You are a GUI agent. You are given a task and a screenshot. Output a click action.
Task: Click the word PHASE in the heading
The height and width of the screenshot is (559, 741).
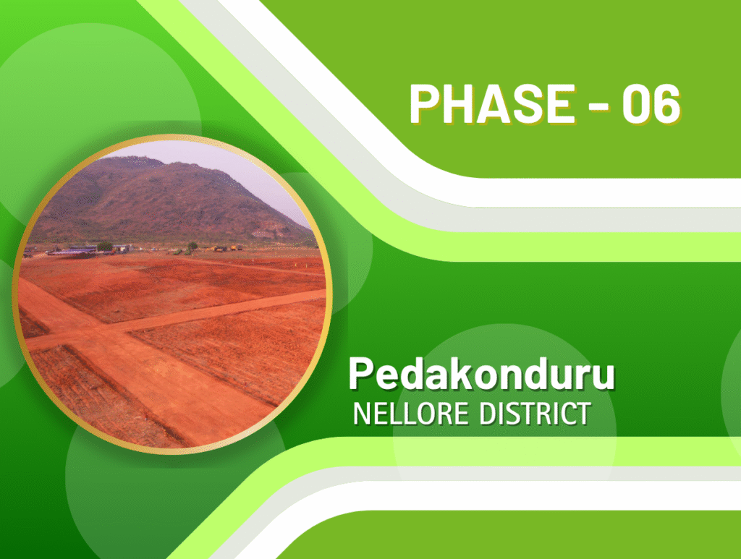point(491,104)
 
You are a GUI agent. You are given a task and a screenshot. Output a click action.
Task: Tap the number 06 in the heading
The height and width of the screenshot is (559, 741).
point(651,104)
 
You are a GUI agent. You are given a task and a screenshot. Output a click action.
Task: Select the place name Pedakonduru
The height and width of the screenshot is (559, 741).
point(481,374)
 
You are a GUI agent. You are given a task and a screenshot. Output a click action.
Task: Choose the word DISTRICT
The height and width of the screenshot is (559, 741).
point(535,414)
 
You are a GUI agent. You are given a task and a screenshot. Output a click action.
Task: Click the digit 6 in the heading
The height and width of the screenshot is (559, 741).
point(666,104)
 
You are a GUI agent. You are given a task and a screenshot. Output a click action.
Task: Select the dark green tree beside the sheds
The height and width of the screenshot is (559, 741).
point(104,247)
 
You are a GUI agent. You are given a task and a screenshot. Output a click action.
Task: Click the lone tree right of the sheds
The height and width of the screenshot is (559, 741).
point(192,246)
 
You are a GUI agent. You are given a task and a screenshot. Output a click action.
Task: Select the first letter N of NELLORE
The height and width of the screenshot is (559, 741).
point(363,414)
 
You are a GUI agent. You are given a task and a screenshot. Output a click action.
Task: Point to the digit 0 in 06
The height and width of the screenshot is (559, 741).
point(636,104)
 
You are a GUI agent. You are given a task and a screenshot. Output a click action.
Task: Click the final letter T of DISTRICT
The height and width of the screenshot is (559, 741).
point(583,414)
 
